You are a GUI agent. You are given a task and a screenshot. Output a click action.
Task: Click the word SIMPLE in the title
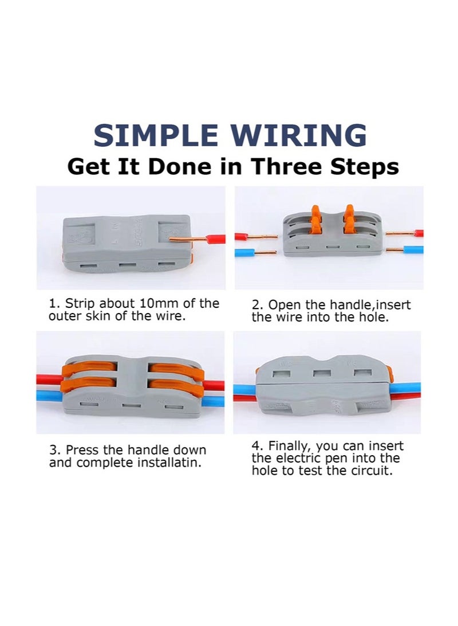[156, 135]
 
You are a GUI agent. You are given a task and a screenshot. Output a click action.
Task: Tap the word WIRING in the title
[299, 135]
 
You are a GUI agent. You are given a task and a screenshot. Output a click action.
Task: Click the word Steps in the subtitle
[364, 167]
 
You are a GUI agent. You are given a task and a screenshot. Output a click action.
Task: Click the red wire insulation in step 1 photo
[216, 239]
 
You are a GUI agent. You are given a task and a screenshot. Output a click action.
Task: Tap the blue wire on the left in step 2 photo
[245, 252]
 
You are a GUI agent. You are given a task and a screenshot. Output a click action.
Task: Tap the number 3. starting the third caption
[55, 451]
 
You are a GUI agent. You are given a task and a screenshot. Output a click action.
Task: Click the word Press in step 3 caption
[82, 451]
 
